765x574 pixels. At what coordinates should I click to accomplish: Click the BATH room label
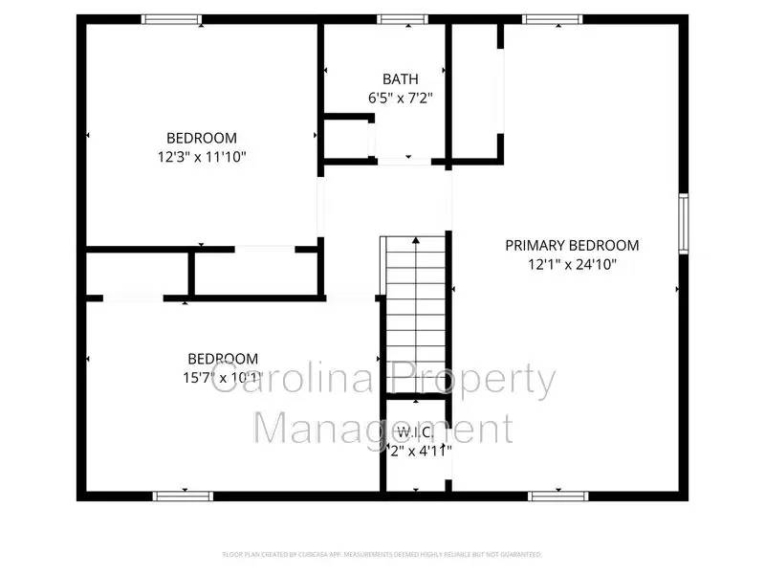(x=400, y=78)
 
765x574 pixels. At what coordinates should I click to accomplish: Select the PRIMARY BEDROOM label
(x=572, y=246)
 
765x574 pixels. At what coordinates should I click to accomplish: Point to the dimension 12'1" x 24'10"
(x=572, y=264)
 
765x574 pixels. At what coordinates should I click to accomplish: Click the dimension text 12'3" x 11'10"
(x=202, y=156)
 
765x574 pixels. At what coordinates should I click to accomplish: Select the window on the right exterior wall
(x=683, y=224)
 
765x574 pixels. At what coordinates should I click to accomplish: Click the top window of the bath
(x=402, y=18)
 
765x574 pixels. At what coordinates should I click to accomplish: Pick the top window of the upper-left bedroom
(x=172, y=18)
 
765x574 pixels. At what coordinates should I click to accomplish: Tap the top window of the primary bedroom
(x=552, y=18)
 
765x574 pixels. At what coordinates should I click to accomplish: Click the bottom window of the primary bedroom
(x=557, y=496)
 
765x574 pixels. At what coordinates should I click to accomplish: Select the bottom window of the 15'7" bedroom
(x=183, y=496)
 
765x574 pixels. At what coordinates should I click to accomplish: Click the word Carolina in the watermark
(x=287, y=381)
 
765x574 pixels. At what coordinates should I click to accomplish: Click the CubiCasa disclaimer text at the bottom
(x=382, y=554)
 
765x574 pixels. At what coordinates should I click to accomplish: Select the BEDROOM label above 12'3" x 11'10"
(x=202, y=138)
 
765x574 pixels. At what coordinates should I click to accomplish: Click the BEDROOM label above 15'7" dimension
(x=222, y=359)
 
